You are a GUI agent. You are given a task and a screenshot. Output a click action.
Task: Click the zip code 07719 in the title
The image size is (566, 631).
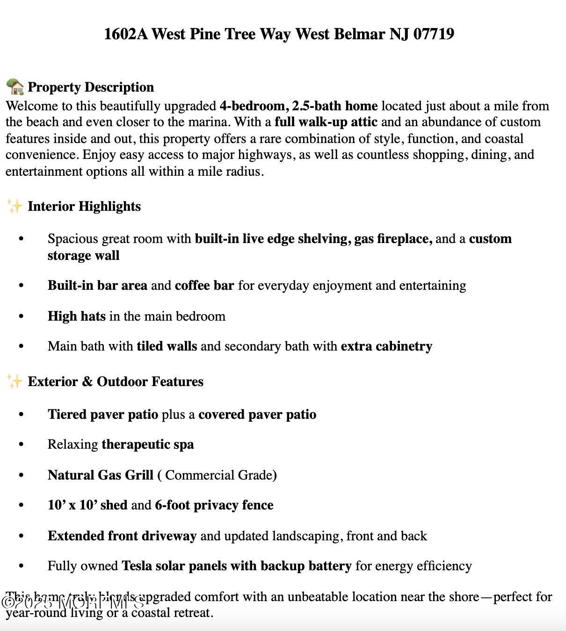(x=434, y=34)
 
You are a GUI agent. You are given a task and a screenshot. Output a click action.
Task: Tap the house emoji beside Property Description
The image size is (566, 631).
(x=15, y=87)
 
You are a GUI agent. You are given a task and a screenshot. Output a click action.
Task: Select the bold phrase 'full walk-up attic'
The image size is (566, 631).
(x=326, y=122)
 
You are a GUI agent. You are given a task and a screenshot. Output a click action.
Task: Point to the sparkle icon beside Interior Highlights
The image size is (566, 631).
(x=15, y=206)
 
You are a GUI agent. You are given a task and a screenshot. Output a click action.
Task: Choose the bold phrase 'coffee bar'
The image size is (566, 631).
(x=204, y=286)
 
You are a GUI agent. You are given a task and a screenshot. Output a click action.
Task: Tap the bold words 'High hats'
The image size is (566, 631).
(x=77, y=316)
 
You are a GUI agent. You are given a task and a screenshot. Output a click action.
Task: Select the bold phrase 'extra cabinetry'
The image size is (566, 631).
(x=386, y=346)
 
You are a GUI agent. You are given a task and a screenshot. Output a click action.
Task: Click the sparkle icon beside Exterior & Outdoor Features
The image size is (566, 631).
(x=15, y=381)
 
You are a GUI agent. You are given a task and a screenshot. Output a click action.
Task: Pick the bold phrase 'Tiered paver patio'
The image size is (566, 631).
(x=103, y=415)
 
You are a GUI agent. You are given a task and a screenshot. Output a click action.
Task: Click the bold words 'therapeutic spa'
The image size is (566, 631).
(x=148, y=445)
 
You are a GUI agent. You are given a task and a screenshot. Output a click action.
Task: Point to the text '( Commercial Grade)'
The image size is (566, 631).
(x=217, y=475)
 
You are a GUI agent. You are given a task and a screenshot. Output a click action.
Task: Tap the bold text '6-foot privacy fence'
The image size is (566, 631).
(x=214, y=505)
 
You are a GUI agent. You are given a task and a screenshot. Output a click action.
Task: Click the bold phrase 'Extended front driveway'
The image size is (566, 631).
(x=122, y=536)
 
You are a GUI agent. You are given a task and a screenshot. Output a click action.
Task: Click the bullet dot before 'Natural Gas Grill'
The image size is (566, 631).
(x=21, y=475)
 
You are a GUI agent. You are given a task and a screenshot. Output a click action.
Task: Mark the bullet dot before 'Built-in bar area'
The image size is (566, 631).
(x=21, y=286)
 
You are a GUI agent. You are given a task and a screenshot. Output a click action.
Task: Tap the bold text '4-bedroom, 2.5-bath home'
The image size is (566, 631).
(x=298, y=106)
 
